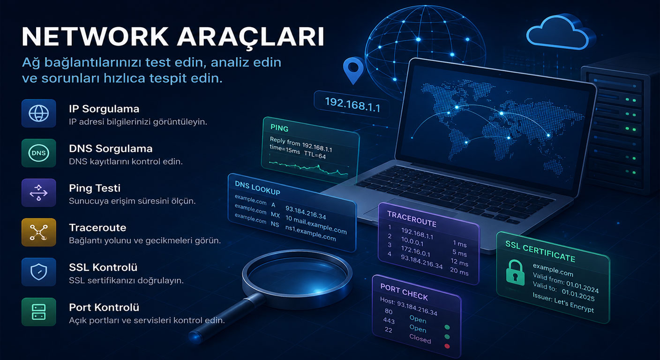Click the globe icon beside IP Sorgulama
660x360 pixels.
click(x=38, y=113)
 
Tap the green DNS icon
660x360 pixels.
click(x=38, y=153)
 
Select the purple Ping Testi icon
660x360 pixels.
click(x=38, y=193)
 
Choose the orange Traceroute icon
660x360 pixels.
click(x=38, y=232)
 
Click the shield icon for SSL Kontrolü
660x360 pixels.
click(x=38, y=272)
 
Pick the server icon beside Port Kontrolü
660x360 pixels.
click(x=38, y=312)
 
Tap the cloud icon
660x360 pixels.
click(x=559, y=32)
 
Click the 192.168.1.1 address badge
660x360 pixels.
click(x=352, y=104)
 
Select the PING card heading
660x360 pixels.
click(x=279, y=128)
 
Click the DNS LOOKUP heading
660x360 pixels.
click(x=257, y=188)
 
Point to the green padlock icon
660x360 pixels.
click(x=515, y=272)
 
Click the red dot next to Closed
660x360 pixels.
click(x=447, y=346)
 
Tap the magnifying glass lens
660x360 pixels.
click(x=297, y=278)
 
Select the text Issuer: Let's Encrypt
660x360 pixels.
click(x=563, y=302)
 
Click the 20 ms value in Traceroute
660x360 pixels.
click(x=459, y=271)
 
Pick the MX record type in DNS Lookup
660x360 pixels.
click(x=275, y=215)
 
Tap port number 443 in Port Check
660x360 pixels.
click(x=389, y=321)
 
